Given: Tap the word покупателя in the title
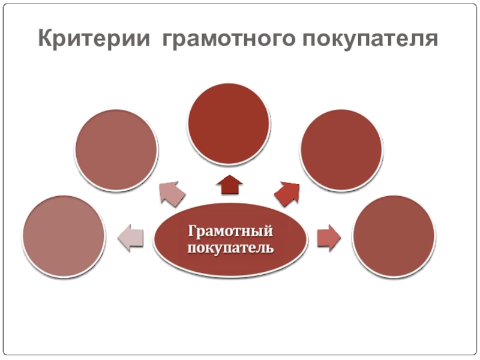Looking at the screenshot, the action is tap(370, 40).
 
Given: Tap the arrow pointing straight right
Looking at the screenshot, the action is tap(328, 238).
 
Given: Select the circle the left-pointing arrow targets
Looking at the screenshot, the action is tap(64, 236).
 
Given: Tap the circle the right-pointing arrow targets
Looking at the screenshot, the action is tap(394, 237).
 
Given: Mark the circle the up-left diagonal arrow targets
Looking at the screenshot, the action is tap(116, 150).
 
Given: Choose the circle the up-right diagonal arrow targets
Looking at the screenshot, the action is tap(341, 150).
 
